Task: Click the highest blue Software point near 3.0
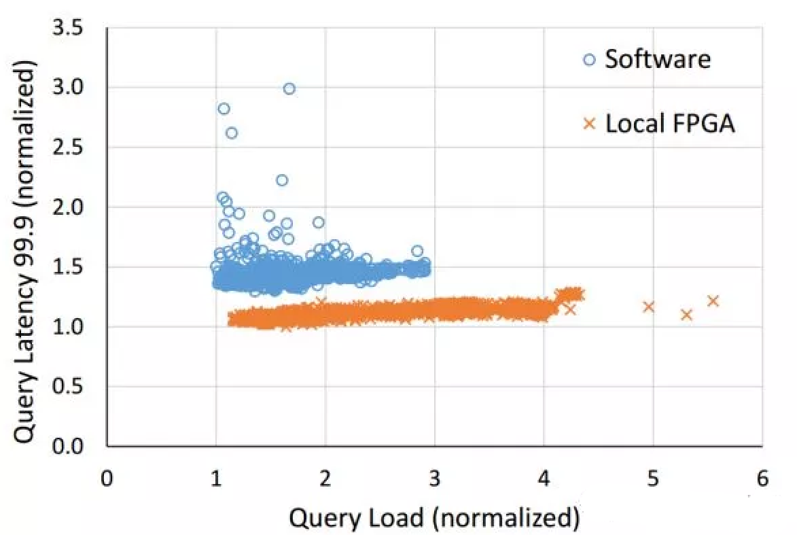tap(289, 88)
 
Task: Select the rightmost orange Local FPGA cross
tap(713, 301)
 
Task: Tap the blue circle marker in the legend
tap(589, 60)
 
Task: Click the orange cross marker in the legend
tap(589, 124)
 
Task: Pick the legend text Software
tap(658, 59)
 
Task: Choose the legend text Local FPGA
tap(670, 124)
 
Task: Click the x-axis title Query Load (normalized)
tap(435, 518)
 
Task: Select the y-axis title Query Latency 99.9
tap(25, 252)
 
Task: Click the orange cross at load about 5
tap(648, 307)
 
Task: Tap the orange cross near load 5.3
tap(686, 315)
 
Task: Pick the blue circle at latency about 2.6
tap(232, 133)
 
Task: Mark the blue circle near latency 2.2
tap(282, 180)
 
